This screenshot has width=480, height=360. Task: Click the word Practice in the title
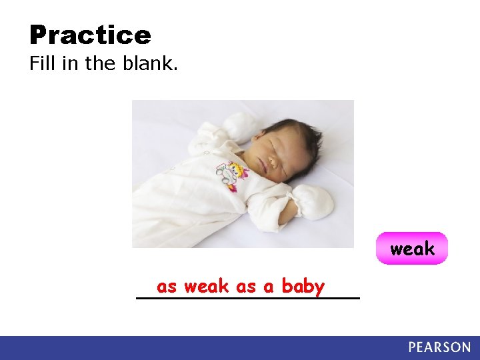point(90,35)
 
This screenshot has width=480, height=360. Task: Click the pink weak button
point(412,249)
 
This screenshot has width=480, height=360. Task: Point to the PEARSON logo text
point(439,347)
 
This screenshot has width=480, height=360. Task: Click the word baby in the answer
point(303,287)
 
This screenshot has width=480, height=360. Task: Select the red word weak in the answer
point(207,287)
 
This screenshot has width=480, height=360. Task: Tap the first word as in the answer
point(167,287)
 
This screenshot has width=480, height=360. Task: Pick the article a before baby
point(269,287)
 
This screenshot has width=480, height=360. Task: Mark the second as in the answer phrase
point(246,287)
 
